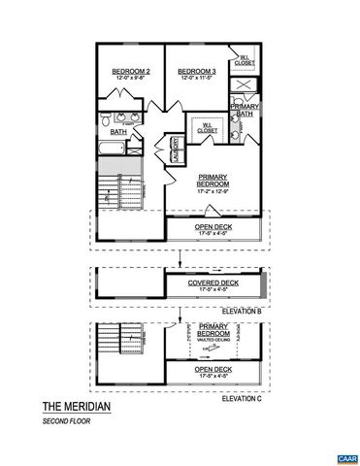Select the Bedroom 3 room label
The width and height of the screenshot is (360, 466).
click(x=195, y=71)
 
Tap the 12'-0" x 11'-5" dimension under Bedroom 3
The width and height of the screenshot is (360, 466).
click(x=195, y=79)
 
